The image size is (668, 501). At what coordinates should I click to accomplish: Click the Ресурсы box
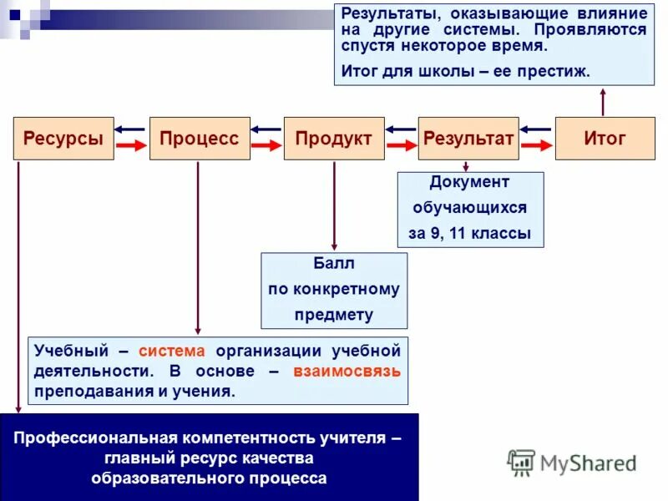[x=63, y=139]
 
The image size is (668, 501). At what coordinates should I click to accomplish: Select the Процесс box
[x=199, y=139]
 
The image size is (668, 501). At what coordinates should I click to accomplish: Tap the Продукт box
[x=334, y=139]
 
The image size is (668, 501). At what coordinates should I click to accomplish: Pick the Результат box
[x=468, y=139]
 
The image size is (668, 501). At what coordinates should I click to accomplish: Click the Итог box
[x=605, y=139]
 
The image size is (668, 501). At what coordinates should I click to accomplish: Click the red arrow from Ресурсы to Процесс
[x=131, y=146]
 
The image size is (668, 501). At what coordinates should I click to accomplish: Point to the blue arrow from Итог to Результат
[x=535, y=129]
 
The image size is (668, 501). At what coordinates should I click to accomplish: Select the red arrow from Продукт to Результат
[x=401, y=146]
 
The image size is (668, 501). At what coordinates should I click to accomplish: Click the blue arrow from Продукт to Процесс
[x=266, y=129]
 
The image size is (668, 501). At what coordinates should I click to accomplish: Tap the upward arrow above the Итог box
[x=603, y=102]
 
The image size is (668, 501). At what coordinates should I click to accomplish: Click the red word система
[x=171, y=350]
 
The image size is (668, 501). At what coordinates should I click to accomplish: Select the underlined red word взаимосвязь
[x=347, y=371]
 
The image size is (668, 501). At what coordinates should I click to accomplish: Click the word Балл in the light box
[x=334, y=264]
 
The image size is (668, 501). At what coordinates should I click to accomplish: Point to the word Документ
[x=469, y=182]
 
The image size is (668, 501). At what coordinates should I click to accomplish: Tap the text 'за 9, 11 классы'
[x=469, y=234]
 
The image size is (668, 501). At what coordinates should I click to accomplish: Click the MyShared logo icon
[x=522, y=462]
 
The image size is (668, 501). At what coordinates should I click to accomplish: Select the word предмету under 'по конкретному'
[x=334, y=315]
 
